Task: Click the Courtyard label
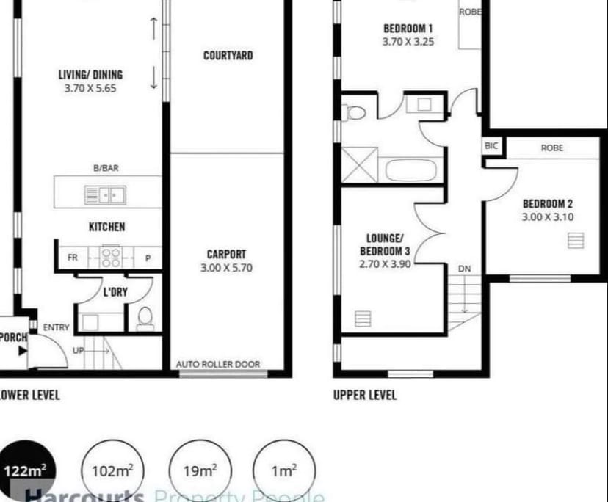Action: point(228,56)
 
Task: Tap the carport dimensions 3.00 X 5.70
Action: point(226,268)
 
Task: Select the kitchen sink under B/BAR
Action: point(104,195)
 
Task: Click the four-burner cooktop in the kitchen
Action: point(111,257)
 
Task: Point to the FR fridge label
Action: point(73,258)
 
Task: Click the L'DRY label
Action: point(115,292)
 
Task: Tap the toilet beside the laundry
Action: point(145,318)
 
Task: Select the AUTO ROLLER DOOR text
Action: point(217,364)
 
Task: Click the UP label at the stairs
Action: point(79,352)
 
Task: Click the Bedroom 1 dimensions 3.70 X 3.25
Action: point(408,42)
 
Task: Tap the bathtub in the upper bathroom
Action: point(411,170)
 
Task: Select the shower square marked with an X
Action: point(360,165)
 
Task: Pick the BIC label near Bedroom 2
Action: point(491,146)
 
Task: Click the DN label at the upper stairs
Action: point(464,269)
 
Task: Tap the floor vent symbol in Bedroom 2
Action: point(576,240)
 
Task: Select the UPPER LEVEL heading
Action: point(365,395)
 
